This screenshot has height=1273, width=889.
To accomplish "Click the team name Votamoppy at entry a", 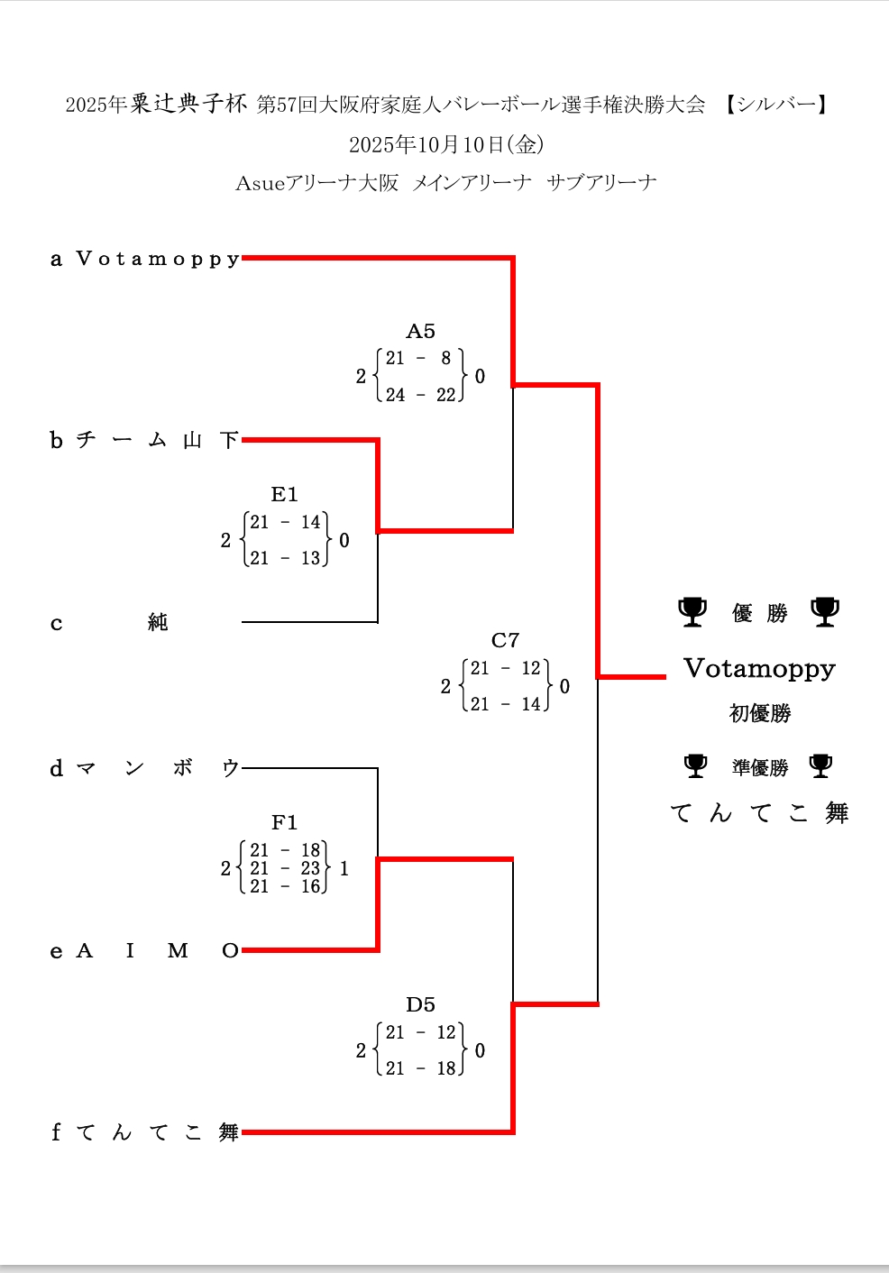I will click(x=158, y=260).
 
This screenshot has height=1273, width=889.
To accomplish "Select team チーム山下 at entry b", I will click(x=158, y=440).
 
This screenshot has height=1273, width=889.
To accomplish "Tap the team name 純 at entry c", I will click(x=158, y=622).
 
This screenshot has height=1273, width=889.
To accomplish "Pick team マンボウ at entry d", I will click(x=158, y=768).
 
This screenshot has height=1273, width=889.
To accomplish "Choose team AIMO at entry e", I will click(x=158, y=951).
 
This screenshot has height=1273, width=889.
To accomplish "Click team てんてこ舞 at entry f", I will click(x=158, y=1132).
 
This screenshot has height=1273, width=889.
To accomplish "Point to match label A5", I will click(x=420, y=332).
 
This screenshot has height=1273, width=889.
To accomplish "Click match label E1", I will click(x=284, y=494).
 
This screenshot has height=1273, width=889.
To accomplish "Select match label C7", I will click(x=505, y=641).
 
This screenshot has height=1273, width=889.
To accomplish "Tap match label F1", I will click(x=284, y=822).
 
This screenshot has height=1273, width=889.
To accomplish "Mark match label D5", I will click(x=420, y=1004).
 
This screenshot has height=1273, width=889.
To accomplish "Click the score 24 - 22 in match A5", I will click(x=421, y=395).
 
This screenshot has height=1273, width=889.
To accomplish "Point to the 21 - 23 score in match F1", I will click(x=285, y=868).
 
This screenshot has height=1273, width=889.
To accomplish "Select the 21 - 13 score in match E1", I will click(x=285, y=558).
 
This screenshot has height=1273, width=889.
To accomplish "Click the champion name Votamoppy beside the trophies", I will click(x=759, y=669).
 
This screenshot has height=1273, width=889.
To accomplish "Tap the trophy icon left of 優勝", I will click(x=692, y=611).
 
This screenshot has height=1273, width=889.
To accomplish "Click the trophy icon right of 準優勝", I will click(x=820, y=766).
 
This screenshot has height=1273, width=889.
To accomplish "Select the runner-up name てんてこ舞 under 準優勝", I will click(x=759, y=813).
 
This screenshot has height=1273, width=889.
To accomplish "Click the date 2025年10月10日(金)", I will click(x=445, y=144).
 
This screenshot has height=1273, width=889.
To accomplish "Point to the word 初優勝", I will click(x=759, y=714).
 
